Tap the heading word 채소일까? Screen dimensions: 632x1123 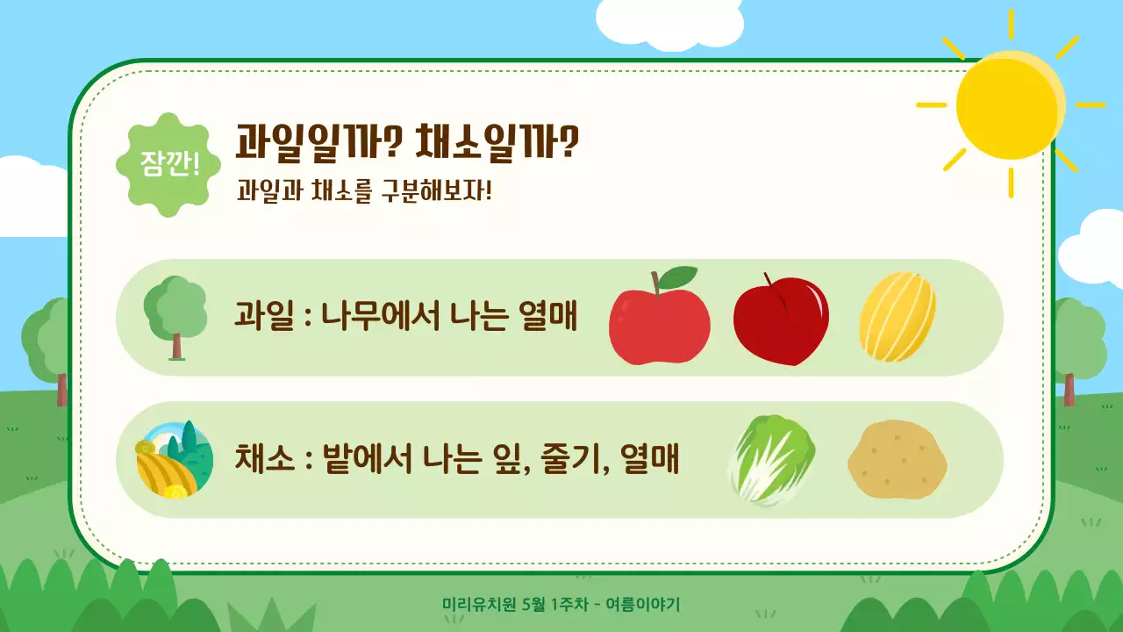pyautogui.click(x=497, y=142)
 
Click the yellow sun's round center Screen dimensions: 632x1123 pyautogui.click(x=1009, y=104)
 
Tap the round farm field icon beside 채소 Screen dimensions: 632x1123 pyautogui.click(x=174, y=460)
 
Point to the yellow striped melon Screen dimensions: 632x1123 pyautogui.click(x=897, y=317)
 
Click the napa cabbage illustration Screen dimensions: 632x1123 pyautogui.click(x=772, y=460)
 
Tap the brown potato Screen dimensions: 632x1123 pyautogui.click(x=898, y=460)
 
